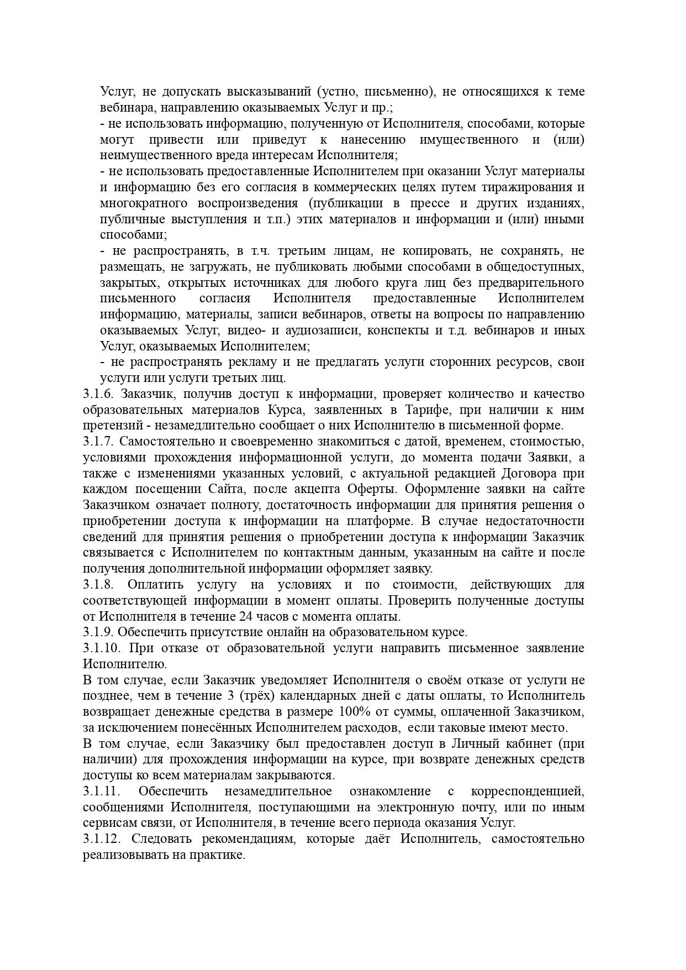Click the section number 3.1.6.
98,394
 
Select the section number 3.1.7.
98,442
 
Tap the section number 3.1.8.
98,585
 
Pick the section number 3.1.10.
102,648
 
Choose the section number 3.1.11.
102,791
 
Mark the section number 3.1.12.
102,839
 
